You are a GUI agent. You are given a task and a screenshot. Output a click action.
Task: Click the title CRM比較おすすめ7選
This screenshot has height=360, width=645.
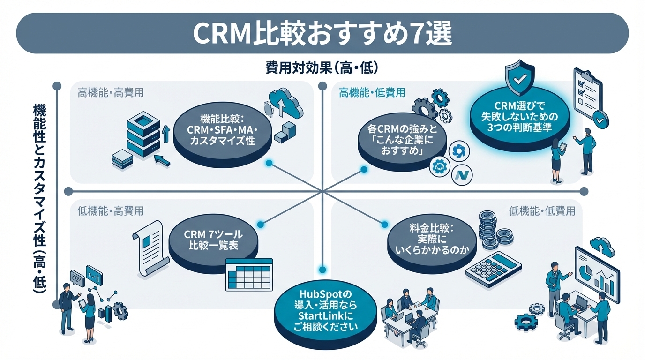(x=322, y=33)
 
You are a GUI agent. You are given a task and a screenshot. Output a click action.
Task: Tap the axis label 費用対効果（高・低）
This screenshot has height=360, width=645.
(x=322, y=68)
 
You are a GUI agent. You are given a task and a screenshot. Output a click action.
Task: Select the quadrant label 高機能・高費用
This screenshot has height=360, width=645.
(x=111, y=93)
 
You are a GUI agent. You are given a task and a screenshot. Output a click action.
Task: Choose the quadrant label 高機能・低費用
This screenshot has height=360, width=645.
(x=372, y=93)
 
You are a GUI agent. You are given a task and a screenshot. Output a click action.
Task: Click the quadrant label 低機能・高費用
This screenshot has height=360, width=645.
(x=111, y=211)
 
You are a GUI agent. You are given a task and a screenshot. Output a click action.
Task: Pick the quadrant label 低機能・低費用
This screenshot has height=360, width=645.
(x=542, y=211)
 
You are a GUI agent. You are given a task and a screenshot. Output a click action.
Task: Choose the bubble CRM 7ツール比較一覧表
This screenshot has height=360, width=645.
(x=213, y=240)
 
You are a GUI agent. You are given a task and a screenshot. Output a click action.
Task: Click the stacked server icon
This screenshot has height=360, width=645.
(x=143, y=134)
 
